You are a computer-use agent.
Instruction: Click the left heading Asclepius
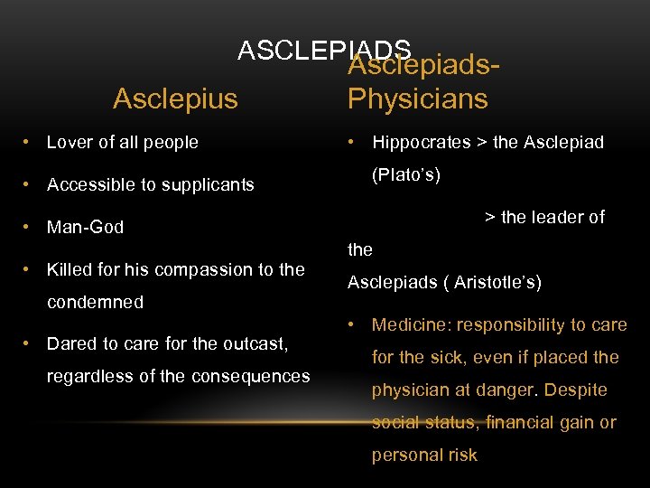point(175,99)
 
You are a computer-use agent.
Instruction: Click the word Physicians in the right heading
point(417,99)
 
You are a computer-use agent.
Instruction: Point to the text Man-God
point(85,228)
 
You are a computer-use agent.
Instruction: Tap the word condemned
point(95,302)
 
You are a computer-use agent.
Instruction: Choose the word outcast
point(254,343)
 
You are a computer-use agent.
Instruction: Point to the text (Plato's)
point(406,174)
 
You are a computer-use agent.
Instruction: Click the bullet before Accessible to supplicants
point(29,185)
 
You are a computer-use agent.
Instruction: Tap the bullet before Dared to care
point(29,343)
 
